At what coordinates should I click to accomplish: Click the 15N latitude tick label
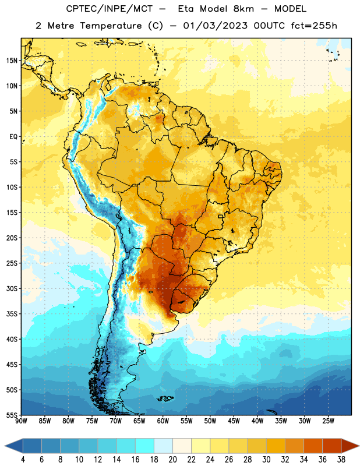pos(12,61)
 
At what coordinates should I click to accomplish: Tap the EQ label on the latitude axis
pos(13,137)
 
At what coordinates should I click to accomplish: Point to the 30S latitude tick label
pos(12,288)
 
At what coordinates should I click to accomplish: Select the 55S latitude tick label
pos(12,415)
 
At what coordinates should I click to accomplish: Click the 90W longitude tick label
pos(21,421)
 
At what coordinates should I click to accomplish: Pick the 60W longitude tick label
pos(163,421)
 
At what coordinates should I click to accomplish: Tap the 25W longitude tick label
pos(328,421)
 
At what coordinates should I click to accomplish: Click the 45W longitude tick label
pos(234,421)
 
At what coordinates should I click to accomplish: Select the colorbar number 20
pos(172,460)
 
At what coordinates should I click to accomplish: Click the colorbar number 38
pos(341,460)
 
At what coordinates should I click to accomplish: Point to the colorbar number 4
pos(23,460)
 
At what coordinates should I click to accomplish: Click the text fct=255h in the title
pos(314,26)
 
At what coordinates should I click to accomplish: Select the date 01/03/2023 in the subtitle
pos(215,26)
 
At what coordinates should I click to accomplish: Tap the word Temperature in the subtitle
pos(111,26)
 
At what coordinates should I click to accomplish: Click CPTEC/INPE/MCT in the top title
pos(109,9)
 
